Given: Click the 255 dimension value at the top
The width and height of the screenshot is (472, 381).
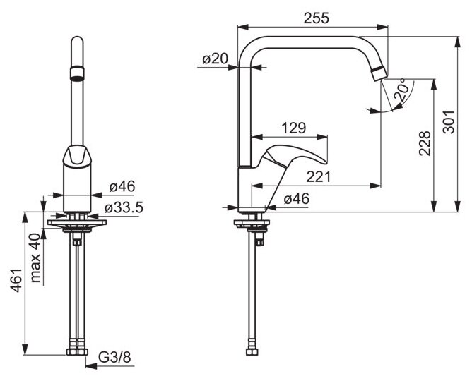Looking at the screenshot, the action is (317, 18).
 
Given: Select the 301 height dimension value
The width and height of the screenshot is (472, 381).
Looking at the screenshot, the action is (449, 122).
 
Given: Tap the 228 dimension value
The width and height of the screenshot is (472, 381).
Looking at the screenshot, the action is (425, 143).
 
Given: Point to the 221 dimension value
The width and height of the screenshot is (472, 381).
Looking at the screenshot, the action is (319, 176).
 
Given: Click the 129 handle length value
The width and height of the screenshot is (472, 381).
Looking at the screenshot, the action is (294, 128).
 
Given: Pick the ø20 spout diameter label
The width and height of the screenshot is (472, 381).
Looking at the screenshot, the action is (216, 59).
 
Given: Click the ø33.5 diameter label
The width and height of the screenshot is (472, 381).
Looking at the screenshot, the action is (124, 207).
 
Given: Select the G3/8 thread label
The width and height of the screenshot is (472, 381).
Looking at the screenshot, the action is (114, 358).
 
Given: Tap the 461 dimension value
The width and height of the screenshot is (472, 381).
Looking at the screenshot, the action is (16, 280).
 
